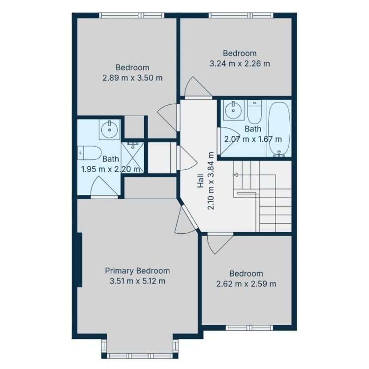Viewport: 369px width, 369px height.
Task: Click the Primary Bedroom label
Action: coord(137,271)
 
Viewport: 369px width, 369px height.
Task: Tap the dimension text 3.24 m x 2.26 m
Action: coord(240,63)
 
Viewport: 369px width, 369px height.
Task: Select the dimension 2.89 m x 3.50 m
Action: coord(132,78)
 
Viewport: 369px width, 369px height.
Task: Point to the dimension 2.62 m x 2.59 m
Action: coord(246,284)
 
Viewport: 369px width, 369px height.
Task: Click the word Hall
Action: coord(201,181)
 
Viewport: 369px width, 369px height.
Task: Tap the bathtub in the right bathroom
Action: coord(279,129)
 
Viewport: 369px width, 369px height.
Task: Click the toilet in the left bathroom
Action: coord(90,153)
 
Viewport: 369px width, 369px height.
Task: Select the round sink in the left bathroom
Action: coord(109,129)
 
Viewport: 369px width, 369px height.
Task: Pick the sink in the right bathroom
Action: coord(233,110)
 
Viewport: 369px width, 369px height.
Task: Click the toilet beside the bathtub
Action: coord(255,112)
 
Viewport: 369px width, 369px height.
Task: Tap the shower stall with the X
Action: coord(132,157)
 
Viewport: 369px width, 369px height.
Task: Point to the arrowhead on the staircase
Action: coord(236,175)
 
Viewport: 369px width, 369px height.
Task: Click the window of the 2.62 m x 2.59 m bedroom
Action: coord(249,328)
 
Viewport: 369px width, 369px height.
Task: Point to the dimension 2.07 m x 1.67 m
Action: coord(253,139)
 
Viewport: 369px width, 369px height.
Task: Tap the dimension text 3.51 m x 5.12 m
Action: coord(137,281)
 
